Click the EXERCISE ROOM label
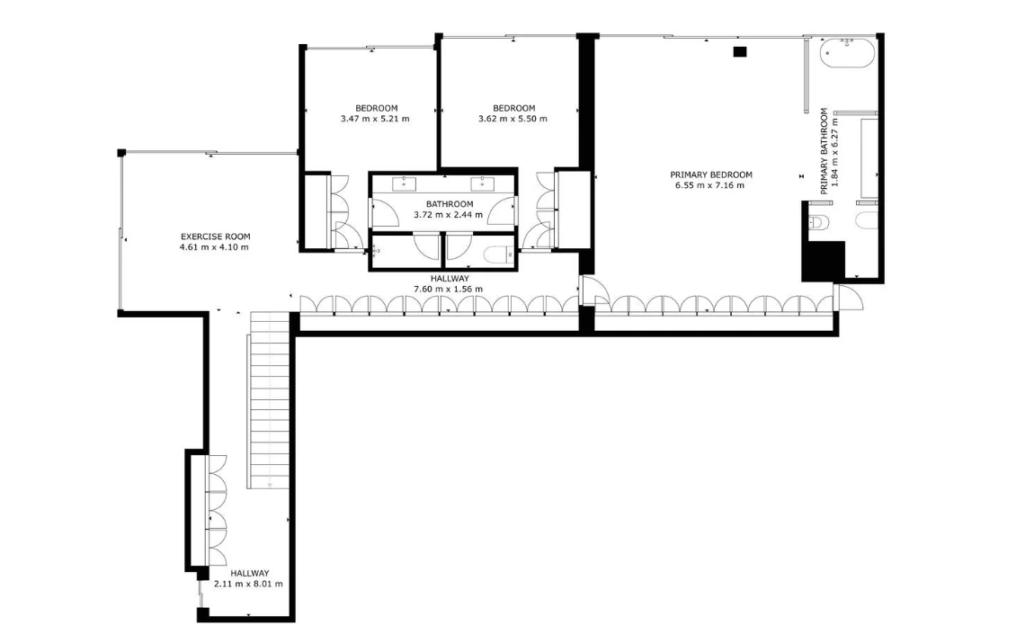[x=215, y=237]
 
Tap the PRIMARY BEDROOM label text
[x=711, y=174]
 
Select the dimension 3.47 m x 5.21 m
[x=375, y=119]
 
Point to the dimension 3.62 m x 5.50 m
[x=512, y=119]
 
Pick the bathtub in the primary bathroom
[x=847, y=53]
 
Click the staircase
[x=269, y=400]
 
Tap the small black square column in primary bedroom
[x=740, y=52]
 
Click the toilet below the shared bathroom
[x=498, y=256]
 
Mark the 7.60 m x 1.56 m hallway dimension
[x=448, y=289]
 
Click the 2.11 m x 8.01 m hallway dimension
[x=248, y=584]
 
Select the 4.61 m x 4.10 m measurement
[x=214, y=247]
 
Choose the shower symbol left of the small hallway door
[x=375, y=249]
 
